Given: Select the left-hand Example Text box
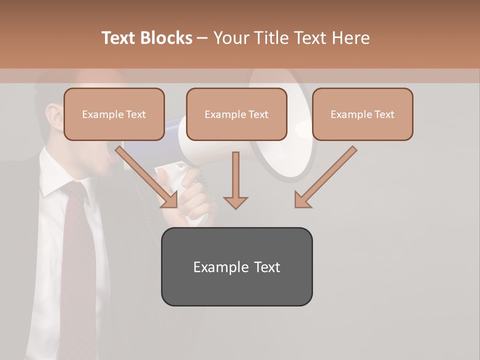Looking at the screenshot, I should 114,114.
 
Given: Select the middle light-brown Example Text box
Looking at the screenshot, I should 236,114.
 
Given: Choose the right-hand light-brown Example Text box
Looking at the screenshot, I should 362,114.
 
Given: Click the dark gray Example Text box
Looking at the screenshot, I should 236,266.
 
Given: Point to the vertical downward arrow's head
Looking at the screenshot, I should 235,202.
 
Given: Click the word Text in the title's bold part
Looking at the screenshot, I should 119,38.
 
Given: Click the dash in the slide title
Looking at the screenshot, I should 202,38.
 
